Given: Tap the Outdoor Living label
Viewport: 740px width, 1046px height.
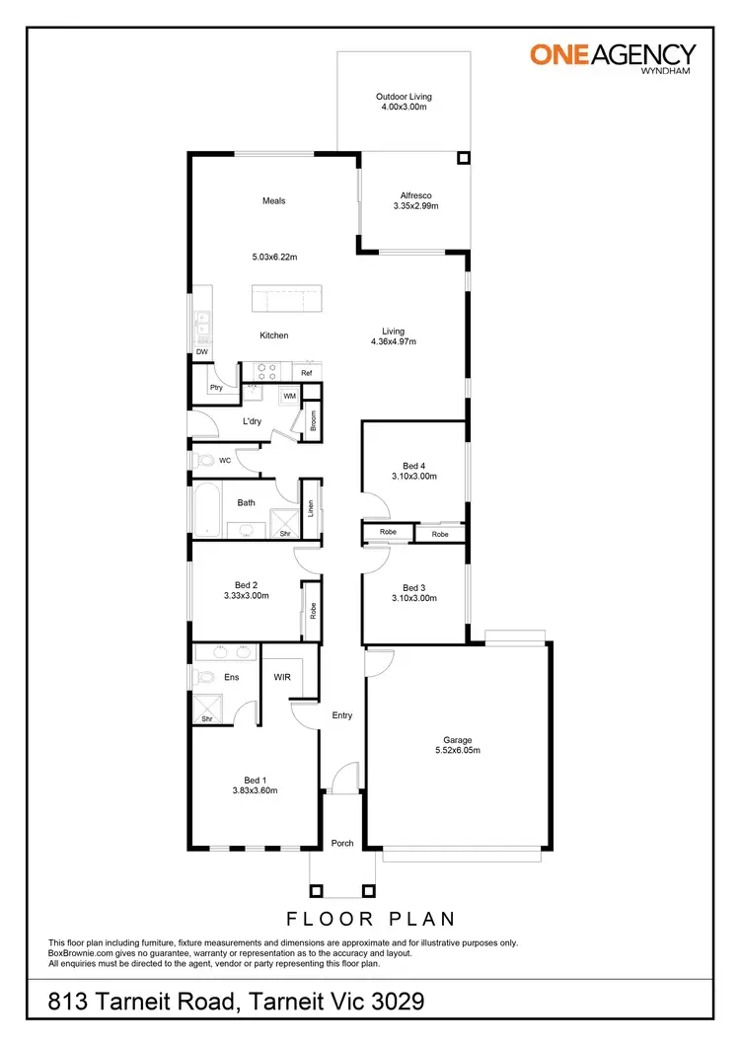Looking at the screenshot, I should pos(404,97).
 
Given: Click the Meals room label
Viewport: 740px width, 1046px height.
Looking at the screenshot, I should pos(273,200).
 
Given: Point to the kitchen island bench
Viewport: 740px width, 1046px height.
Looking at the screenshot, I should pos(286,298).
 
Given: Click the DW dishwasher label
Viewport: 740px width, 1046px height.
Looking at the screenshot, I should pos(201,351).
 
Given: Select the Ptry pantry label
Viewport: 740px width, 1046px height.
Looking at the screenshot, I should pos(216,388).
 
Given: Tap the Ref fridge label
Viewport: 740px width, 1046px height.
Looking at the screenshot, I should pos(306,373).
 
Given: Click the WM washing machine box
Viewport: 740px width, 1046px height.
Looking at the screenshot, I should pos(289,396).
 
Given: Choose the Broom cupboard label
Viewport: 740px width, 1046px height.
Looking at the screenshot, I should pos(312,420).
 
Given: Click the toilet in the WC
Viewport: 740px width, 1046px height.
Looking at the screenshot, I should pos(204,460).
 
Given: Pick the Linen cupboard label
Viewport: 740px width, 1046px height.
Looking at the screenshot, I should pos(310,509).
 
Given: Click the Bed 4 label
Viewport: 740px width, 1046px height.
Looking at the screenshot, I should pos(413,465).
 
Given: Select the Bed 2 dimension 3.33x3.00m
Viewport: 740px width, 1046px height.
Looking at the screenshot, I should pos(246,596).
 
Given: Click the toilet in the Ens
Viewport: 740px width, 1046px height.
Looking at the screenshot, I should pos(204,677).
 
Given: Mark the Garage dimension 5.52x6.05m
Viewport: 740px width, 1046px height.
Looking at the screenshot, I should pos(458,750).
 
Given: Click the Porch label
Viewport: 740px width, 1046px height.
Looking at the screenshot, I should pos(342,843).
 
